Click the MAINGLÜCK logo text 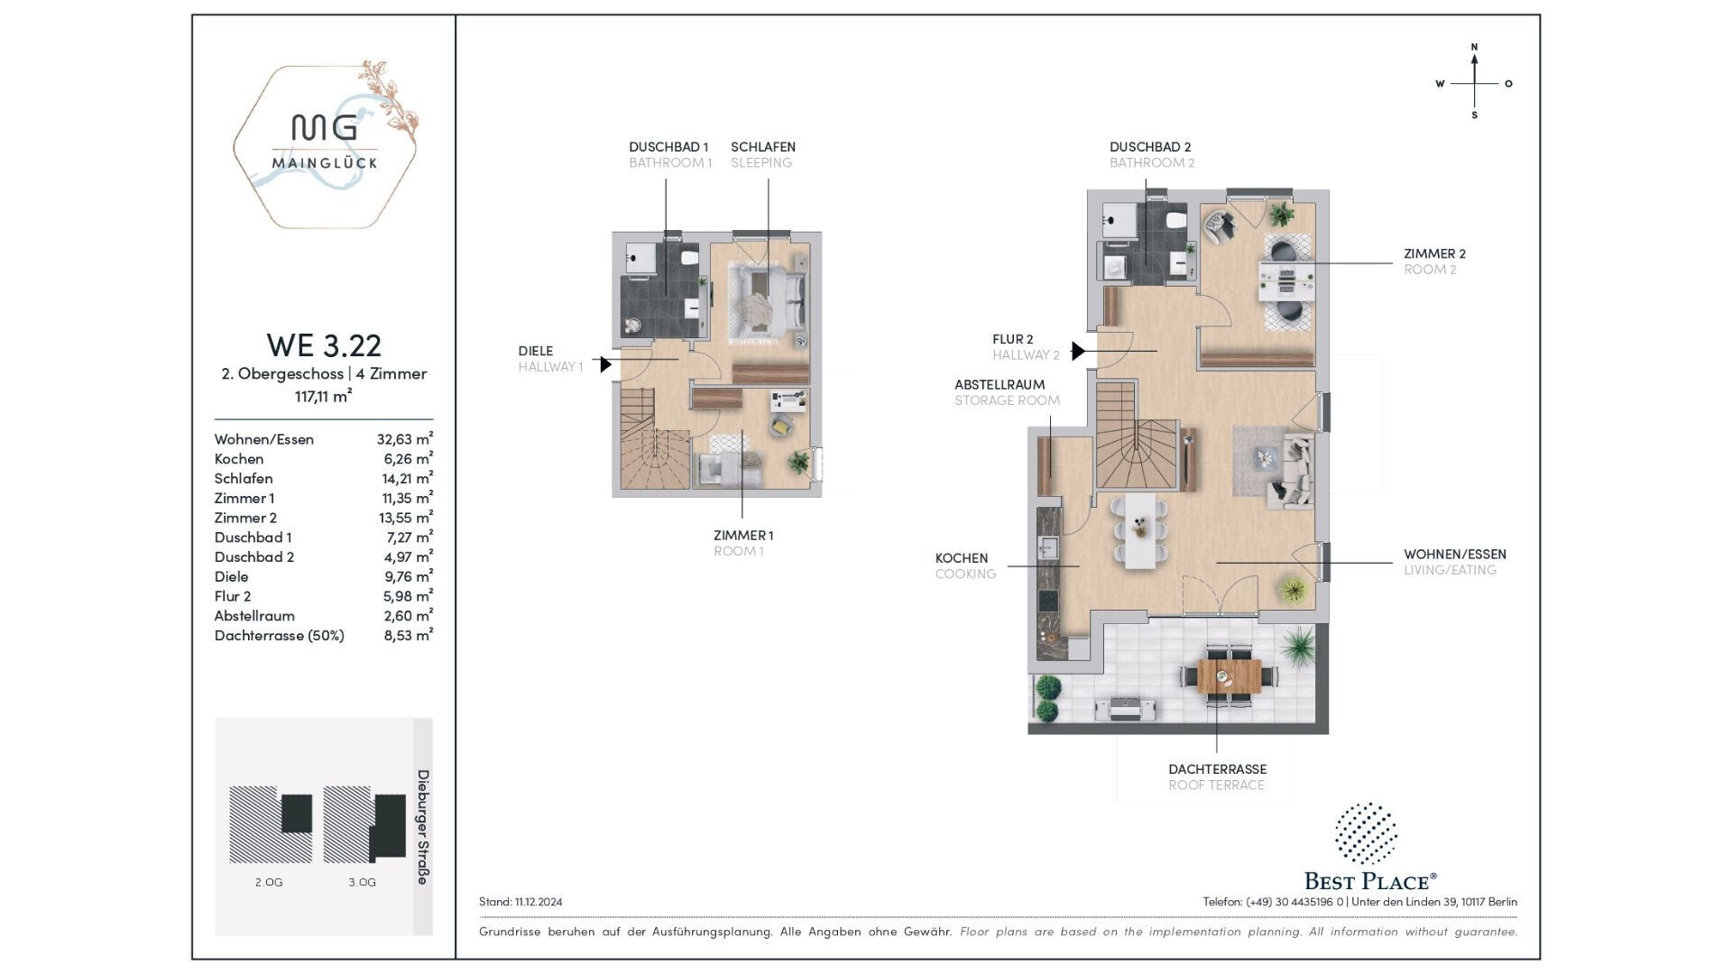(325, 163)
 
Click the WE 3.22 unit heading (324, 345)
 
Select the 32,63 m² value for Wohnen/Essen (405, 439)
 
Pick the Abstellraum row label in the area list (254, 616)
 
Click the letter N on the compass (1474, 47)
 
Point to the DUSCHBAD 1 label (668, 146)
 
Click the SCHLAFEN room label (763, 146)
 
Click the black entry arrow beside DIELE (606, 364)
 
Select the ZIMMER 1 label (743, 535)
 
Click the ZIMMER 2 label (1434, 253)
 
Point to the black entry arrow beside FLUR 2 (1078, 351)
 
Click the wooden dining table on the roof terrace (1229, 675)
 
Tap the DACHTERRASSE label (1218, 769)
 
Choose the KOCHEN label (962, 558)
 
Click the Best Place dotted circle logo (1366, 832)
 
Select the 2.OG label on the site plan (269, 882)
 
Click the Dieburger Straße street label (422, 827)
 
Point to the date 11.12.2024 (539, 902)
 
